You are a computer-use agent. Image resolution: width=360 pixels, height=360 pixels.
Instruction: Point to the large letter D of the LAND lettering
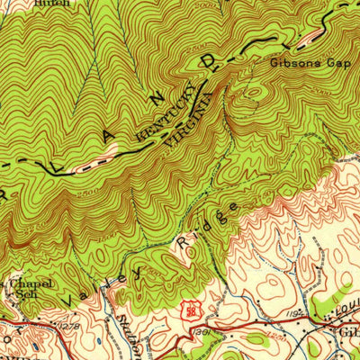[x=212, y=64]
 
